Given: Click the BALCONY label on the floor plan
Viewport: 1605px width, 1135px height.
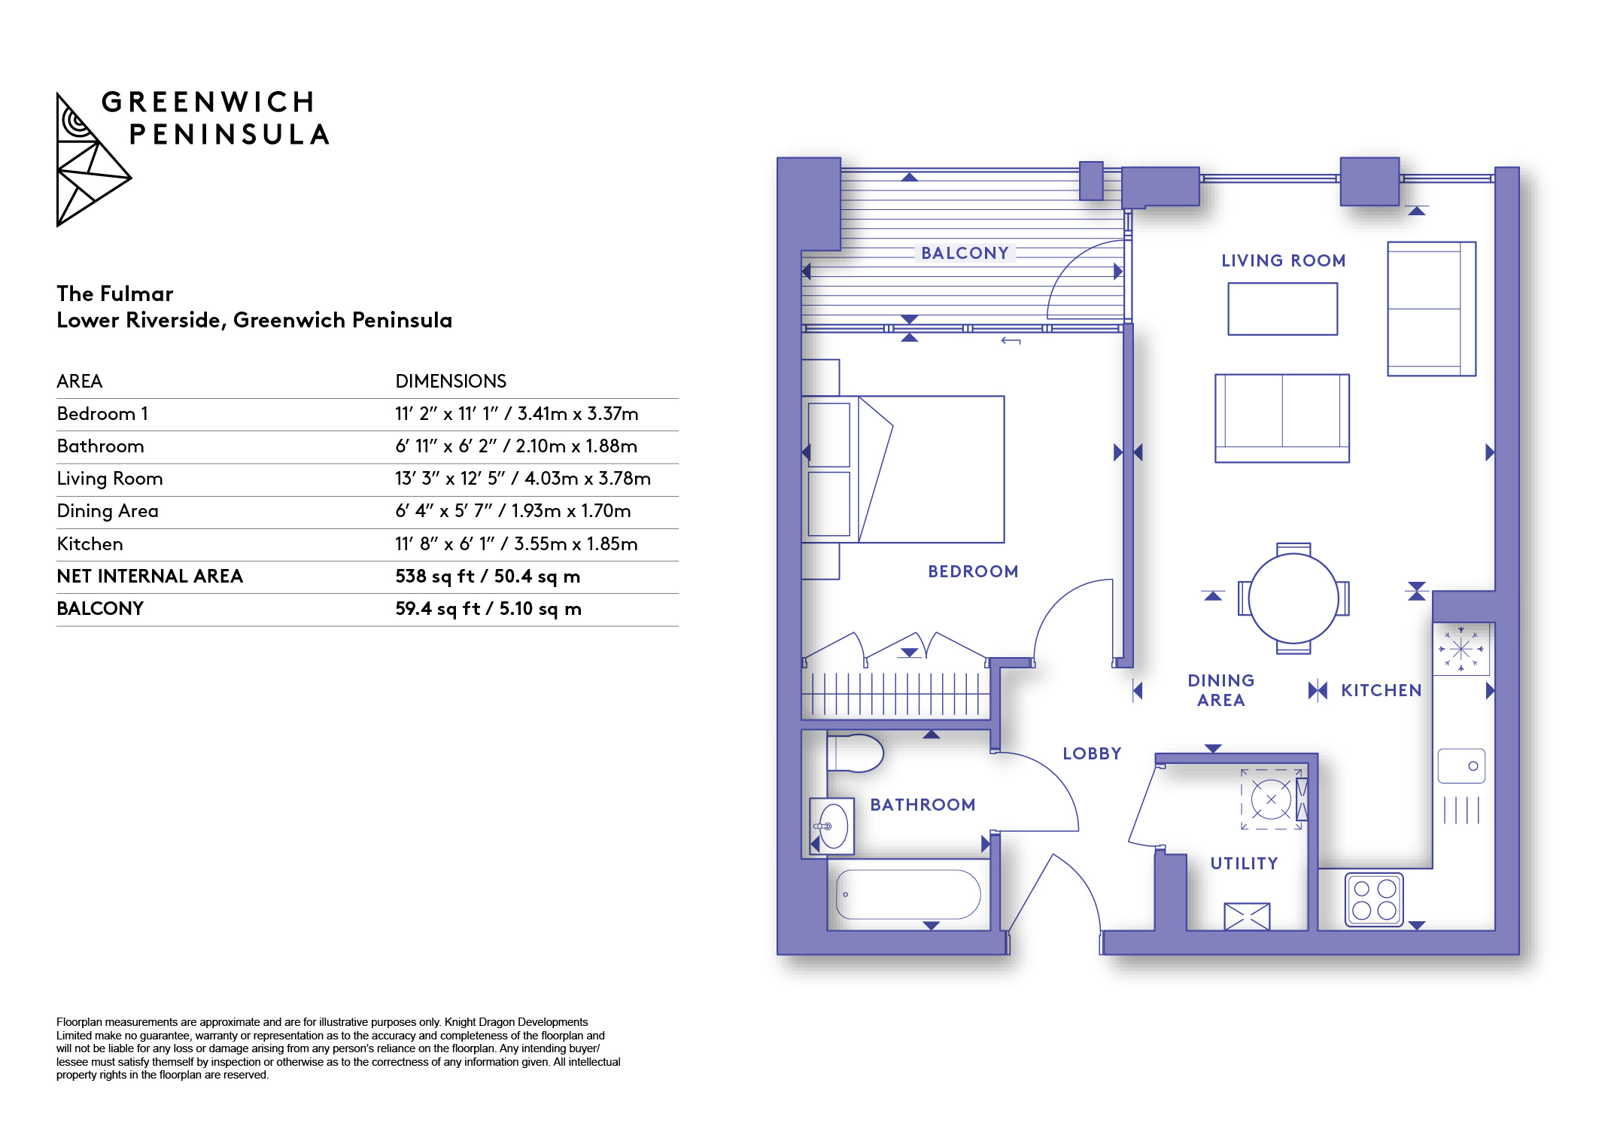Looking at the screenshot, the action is point(965,253).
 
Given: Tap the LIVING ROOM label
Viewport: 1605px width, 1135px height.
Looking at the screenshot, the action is point(1283,260).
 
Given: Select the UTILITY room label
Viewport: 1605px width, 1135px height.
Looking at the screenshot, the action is point(1244,863).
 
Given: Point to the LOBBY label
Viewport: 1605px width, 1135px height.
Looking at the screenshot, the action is point(1092,753).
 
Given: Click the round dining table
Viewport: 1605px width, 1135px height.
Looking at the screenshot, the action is point(1293,598).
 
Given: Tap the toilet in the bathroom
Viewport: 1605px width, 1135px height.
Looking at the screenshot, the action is point(855,753).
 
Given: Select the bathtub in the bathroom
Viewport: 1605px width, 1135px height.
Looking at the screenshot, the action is point(908,894).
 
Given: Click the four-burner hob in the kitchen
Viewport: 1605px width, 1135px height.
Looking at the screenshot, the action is point(1374,899).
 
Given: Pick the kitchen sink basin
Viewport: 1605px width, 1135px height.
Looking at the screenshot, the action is point(1461,766).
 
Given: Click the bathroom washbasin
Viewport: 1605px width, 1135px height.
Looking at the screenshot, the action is point(832,826).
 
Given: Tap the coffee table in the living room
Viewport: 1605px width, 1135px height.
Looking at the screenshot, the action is point(1282,309).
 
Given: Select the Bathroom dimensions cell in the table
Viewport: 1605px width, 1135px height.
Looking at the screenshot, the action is point(516,446).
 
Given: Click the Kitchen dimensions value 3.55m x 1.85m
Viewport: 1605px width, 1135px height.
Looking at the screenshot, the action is point(576,544).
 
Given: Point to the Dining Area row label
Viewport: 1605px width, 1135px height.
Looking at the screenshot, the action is point(108,511).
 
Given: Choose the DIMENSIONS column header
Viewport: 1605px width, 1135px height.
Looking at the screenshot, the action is point(451,381).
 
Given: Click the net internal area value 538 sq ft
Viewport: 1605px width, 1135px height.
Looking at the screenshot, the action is point(435,577).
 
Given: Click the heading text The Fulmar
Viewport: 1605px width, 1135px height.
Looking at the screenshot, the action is point(115,294).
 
